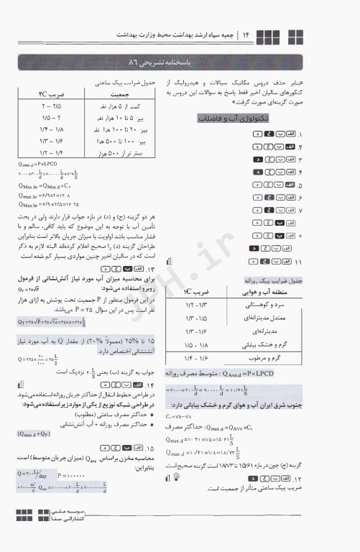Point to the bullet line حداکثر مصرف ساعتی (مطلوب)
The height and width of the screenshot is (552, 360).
109,415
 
